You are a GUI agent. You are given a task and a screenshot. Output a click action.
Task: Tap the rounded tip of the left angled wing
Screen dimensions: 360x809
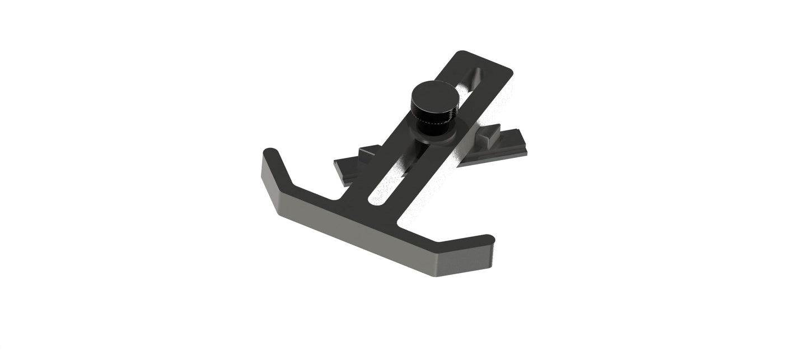coord(270,153)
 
